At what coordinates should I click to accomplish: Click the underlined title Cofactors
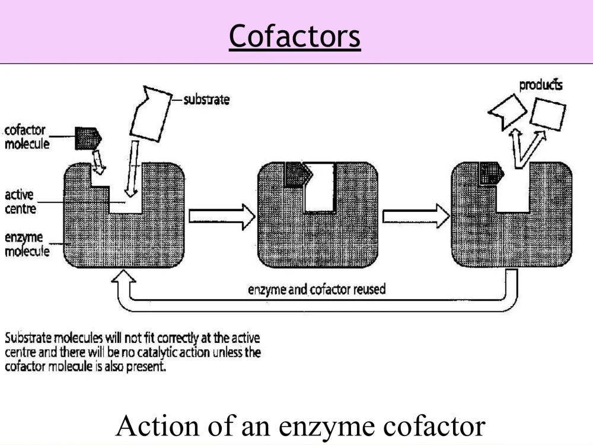(x=295, y=36)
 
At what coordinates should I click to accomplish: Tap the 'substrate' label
(x=206, y=100)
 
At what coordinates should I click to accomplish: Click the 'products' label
(x=541, y=85)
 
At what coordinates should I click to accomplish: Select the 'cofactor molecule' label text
(x=27, y=136)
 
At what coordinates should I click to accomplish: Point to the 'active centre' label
(x=20, y=201)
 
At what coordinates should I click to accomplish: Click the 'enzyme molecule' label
(x=27, y=244)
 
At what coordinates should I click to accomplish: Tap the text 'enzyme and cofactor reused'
(x=317, y=290)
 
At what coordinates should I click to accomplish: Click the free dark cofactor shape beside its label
(x=88, y=138)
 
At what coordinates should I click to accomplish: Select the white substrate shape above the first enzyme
(x=151, y=114)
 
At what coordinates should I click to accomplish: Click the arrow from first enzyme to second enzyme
(x=222, y=217)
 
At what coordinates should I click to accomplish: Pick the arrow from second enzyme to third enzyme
(x=416, y=217)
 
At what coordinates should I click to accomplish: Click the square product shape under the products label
(x=547, y=115)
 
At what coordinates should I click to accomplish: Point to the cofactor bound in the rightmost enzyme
(x=491, y=174)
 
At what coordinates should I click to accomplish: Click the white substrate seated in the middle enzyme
(x=320, y=187)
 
